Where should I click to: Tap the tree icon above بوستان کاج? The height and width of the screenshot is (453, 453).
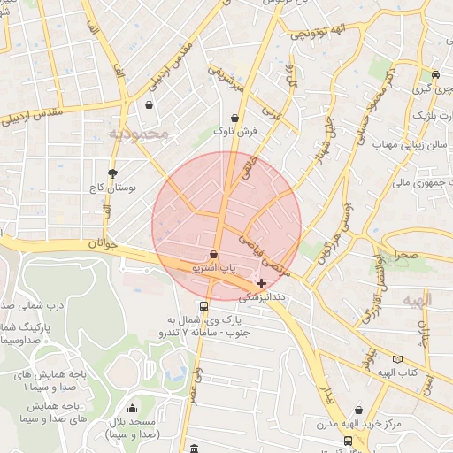(x=112, y=173)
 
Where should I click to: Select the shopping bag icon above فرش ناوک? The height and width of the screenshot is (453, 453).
(x=234, y=117)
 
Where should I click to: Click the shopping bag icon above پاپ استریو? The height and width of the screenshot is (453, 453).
(x=214, y=255)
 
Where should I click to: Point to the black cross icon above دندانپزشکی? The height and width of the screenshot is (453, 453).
(x=260, y=283)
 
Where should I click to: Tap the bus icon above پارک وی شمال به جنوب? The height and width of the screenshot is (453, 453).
(x=204, y=306)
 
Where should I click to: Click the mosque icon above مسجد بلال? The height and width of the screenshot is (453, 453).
(x=132, y=409)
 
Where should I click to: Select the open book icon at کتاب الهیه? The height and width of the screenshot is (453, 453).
(x=397, y=360)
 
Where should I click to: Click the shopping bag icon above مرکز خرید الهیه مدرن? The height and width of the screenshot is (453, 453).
(x=358, y=411)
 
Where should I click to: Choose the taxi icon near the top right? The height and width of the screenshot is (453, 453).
(x=434, y=75)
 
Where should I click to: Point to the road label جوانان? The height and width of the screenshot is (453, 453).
(x=102, y=244)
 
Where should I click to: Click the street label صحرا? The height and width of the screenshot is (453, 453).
(x=406, y=255)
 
